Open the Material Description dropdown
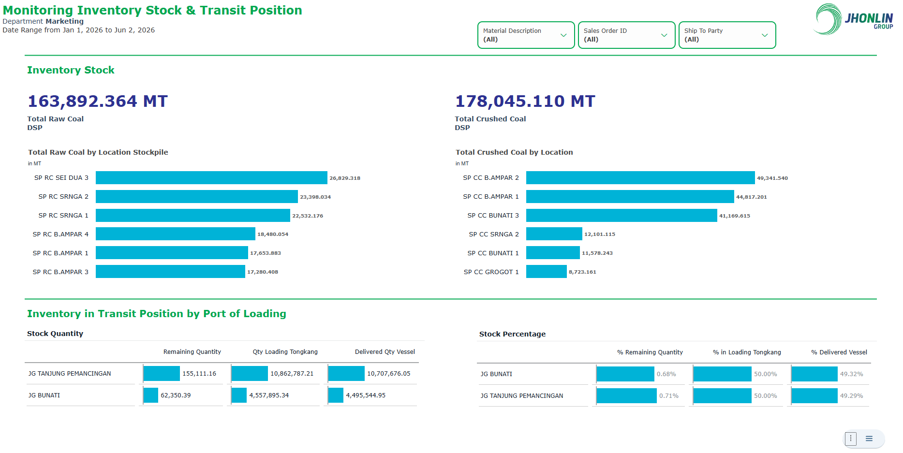pyautogui.click(x=526, y=35)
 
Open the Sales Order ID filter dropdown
pyautogui.click(x=626, y=35)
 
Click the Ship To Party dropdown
pyautogui.click(x=727, y=35)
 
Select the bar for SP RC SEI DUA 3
pyautogui.click(x=211, y=178)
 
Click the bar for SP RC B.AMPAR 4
pyautogui.click(x=176, y=234)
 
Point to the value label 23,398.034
pyautogui.click(x=315, y=197)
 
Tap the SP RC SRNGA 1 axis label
pyautogui.click(x=63, y=216)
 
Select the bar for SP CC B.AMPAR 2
pyautogui.click(x=640, y=178)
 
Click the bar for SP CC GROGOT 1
pyautogui.click(x=547, y=272)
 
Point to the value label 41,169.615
pyautogui.click(x=735, y=216)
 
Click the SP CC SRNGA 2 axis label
pyautogui.click(x=494, y=234)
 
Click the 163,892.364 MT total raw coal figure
pyautogui.click(x=98, y=101)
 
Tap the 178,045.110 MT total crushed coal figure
pyautogui.click(x=525, y=101)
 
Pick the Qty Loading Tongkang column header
pyautogui.click(x=285, y=352)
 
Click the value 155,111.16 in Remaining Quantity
pyautogui.click(x=199, y=374)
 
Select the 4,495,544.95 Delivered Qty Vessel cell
pyautogui.click(x=366, y=395)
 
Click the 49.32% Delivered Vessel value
pyautogui.click(x=851, y=374)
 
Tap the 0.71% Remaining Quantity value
pyautogui.click(x=669, y=396)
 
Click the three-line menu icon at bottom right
pyautogui.click(x=869, y=438)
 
